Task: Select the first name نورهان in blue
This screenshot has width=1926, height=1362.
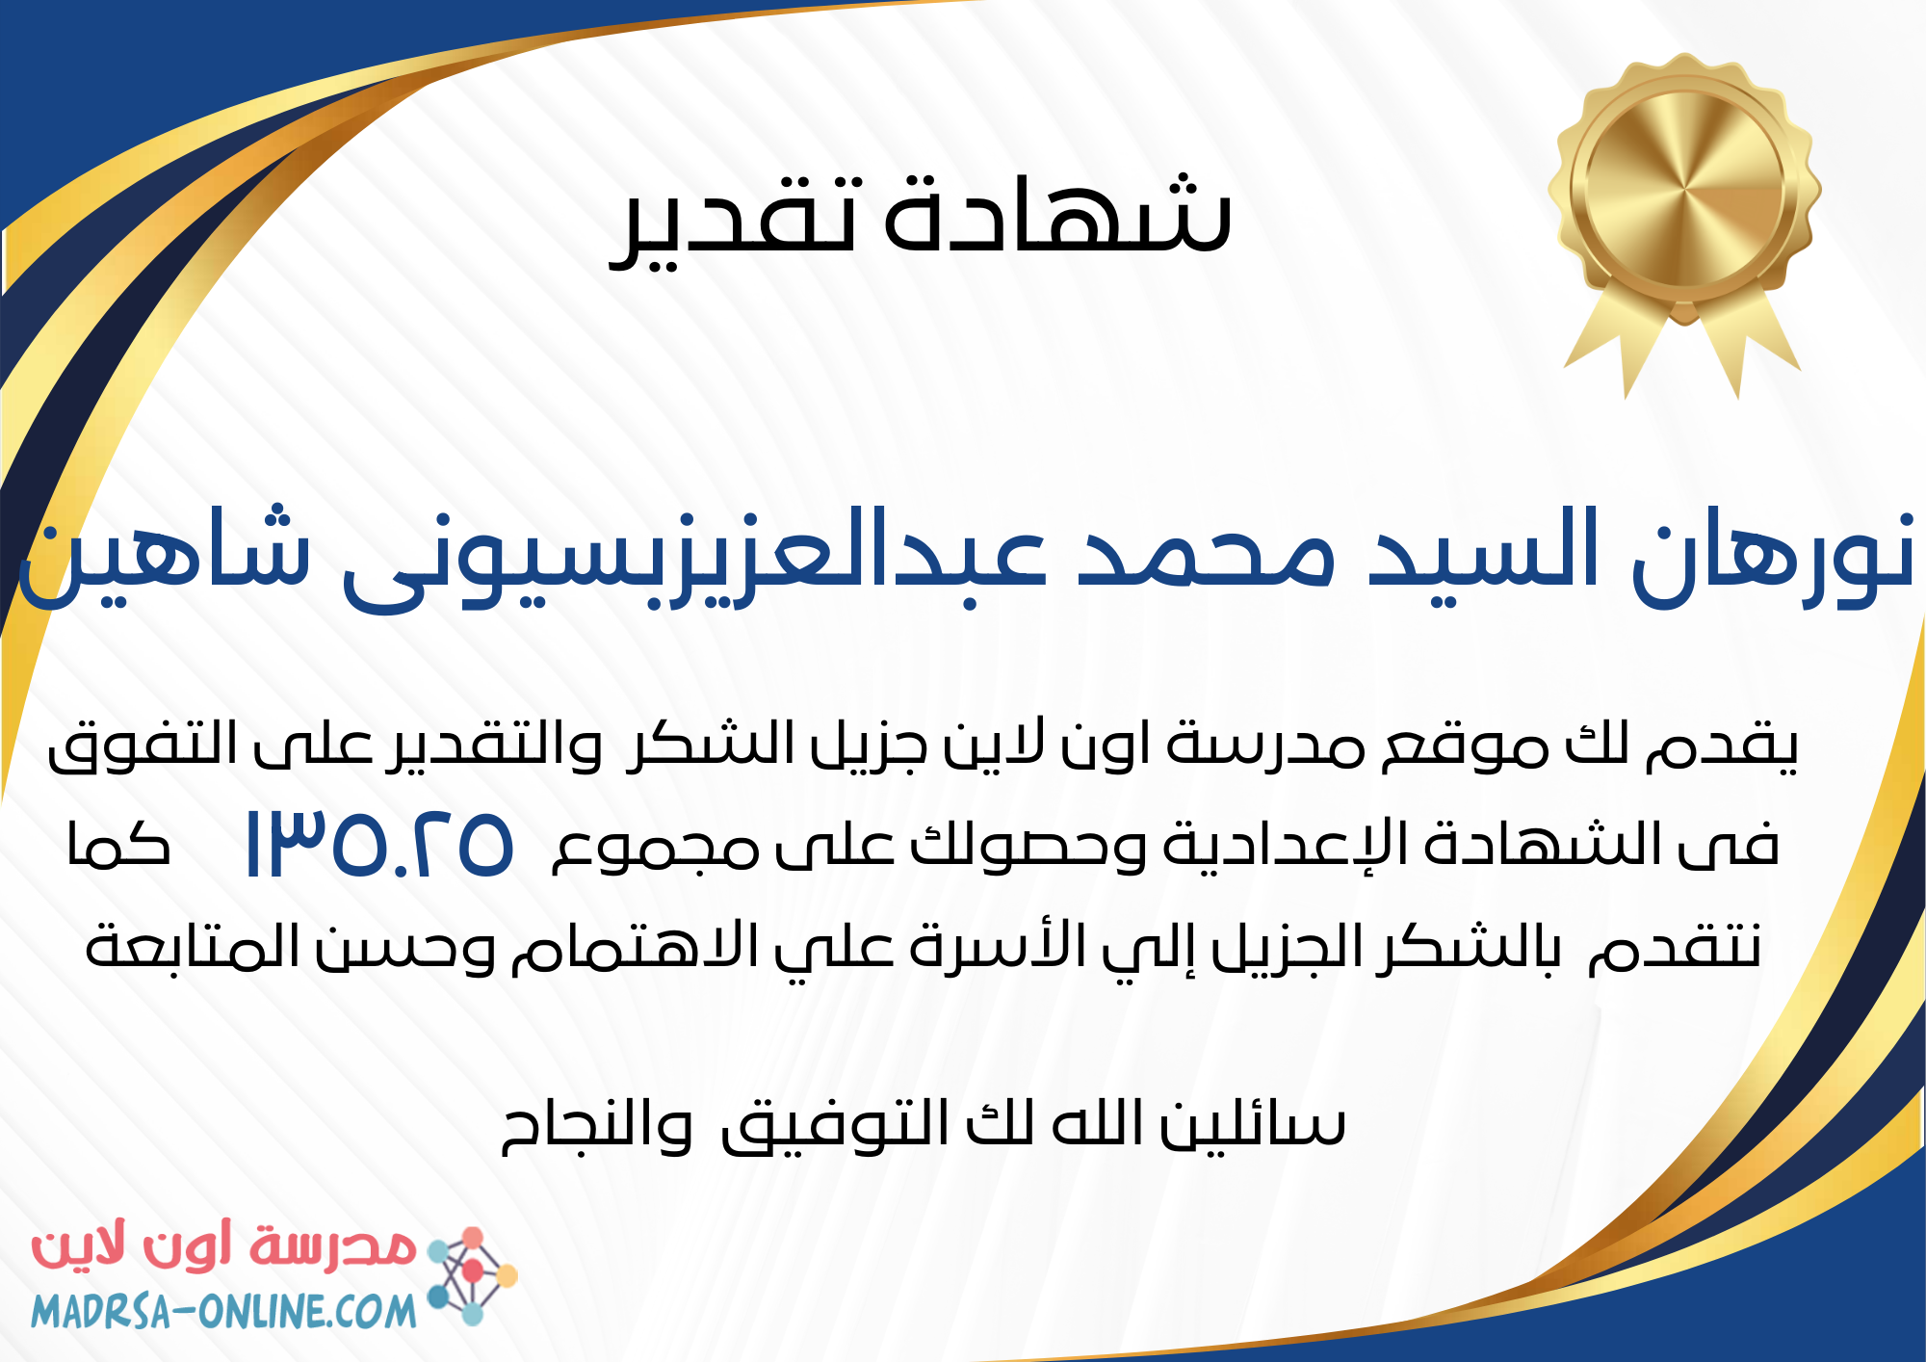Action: tap(1772, 554)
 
